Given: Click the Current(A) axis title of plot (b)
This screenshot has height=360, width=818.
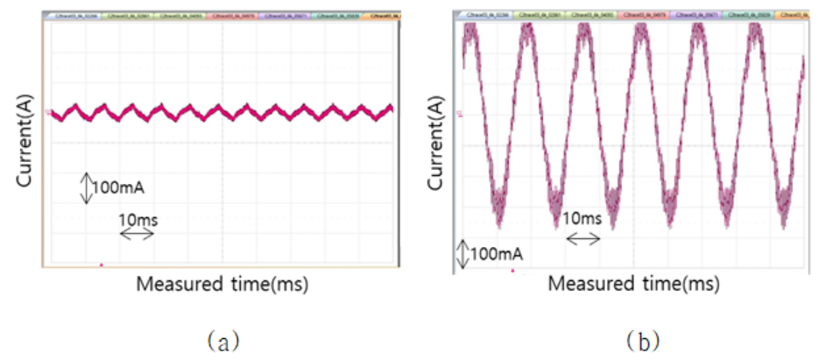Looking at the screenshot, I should pos(435,140).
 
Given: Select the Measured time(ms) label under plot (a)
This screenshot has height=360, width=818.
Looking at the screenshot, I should pos(222,285).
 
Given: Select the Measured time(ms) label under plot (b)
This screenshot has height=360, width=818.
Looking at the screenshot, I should pos(634,285).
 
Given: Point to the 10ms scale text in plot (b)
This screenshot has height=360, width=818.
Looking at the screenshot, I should pos(583,217).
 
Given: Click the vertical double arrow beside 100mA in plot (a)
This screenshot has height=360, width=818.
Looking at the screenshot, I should pos(86,187).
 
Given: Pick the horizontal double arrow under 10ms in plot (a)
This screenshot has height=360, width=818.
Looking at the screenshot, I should pos(138,234).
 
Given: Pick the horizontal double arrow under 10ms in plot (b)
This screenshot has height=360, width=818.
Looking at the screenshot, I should pos(583,238).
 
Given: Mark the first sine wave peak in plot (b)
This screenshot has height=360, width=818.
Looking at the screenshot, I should pos(470,32).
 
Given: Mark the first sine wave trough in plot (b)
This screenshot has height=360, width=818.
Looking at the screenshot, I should pos(499,206).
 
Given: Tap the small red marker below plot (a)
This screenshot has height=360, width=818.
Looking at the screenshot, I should pos(102,264).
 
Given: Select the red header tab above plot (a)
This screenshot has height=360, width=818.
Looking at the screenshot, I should pos(230,16).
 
